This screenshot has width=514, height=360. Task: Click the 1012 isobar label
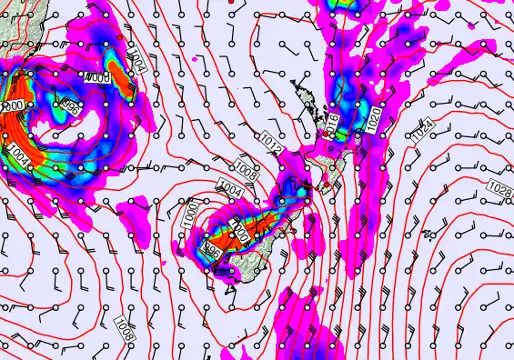(x=269, y=141)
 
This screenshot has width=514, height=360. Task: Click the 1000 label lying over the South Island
(x=239, y=231)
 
